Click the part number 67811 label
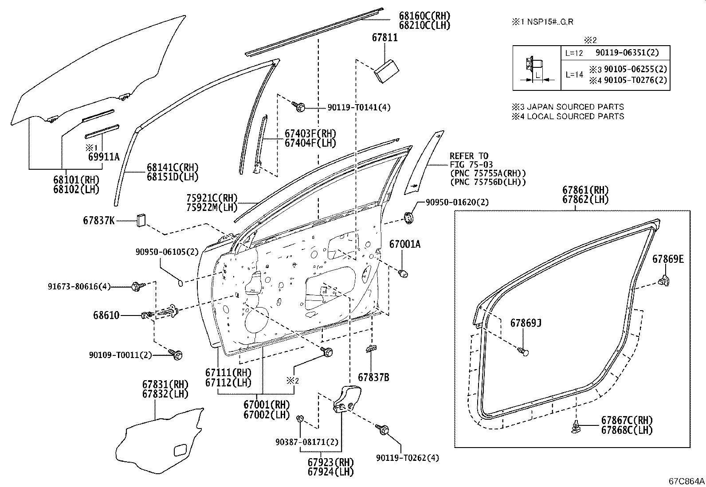[384, 38]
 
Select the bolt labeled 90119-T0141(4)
[299, 106]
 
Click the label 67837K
[98, 220]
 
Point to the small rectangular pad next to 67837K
[141, 220]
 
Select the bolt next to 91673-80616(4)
[136, 287]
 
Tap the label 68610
[106, 316]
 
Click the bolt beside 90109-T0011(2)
[176, 354]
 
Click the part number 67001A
[404, 244]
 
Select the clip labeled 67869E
[665, 281]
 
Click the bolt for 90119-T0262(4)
[383, 429]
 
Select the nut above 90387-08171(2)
[300, 418]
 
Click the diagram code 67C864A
[686, 481]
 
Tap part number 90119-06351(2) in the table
[627, 53]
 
